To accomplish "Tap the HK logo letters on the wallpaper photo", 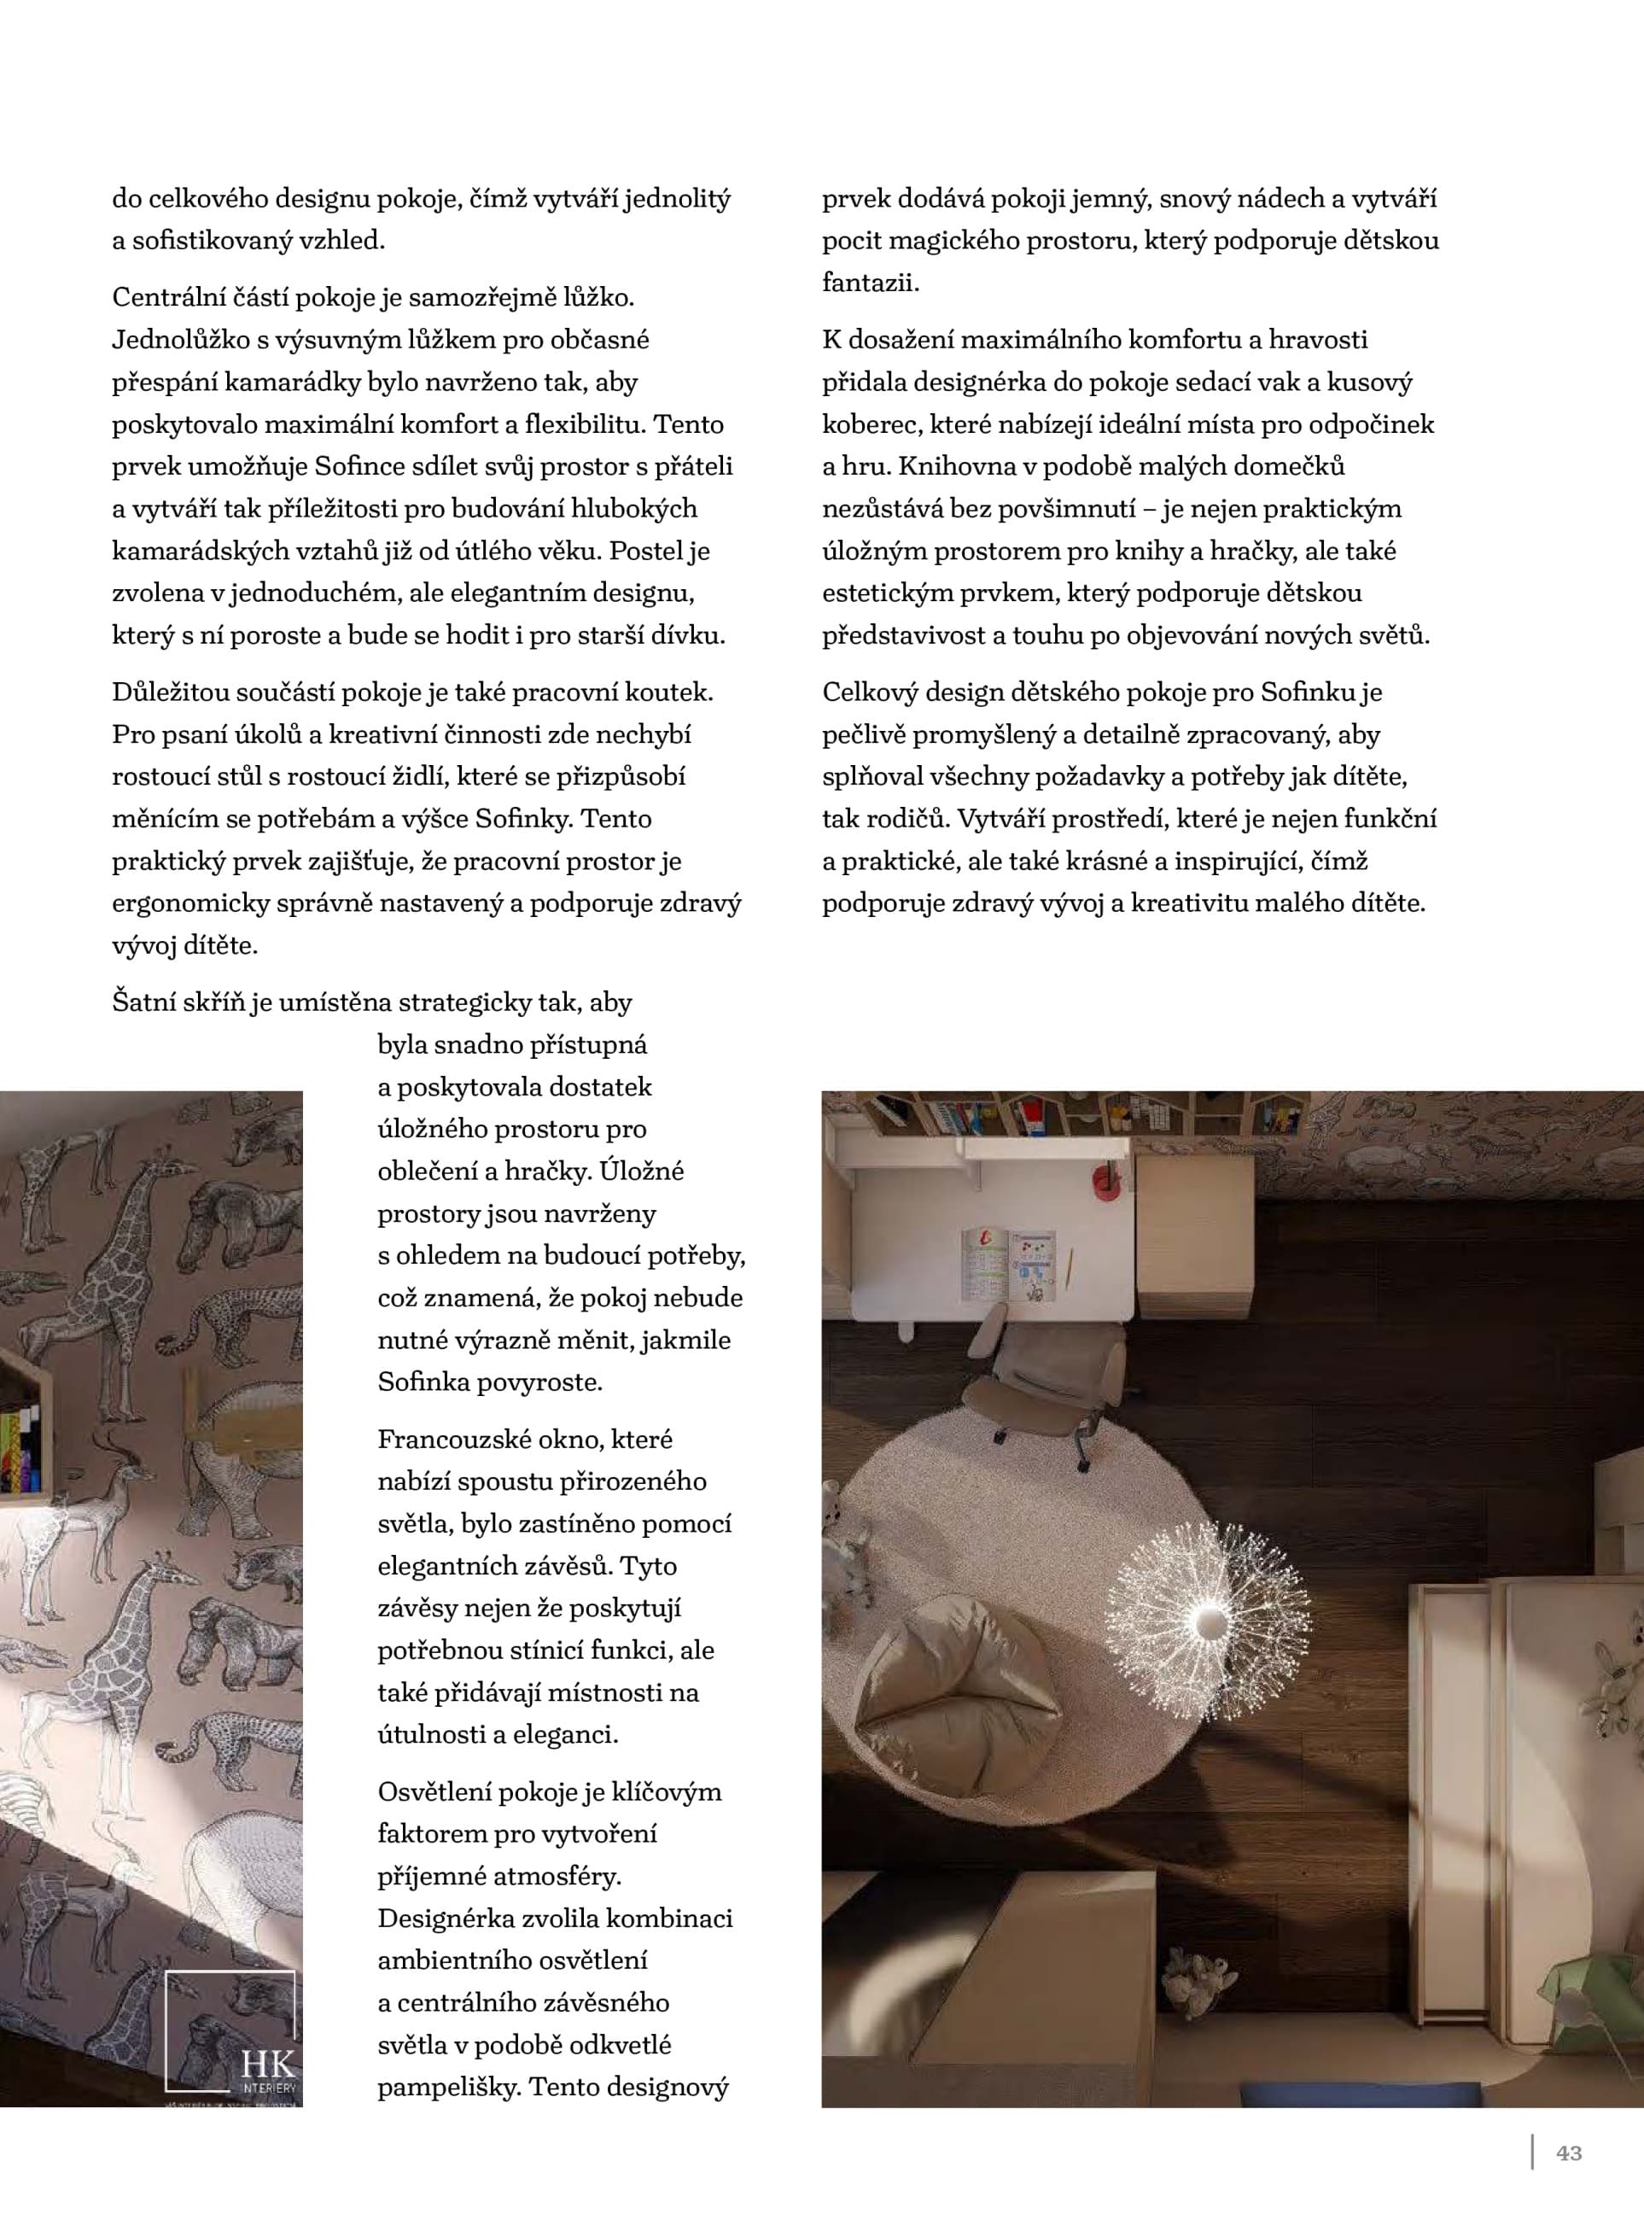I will point(266,2063).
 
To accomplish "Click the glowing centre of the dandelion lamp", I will point(1212,1621).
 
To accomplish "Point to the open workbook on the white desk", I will point(1007,1264).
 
